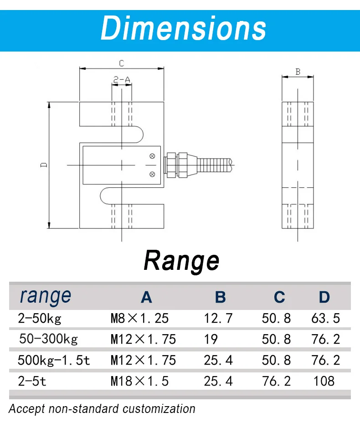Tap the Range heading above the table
coord(181,261)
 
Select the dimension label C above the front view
coord(122,63)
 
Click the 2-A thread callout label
coord(122,80)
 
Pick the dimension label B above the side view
coord(298,72)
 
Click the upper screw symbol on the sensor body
coord(152,156)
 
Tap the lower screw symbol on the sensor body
coord(152,173)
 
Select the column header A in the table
coord(146,297)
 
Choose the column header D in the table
coord(324,297)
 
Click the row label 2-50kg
coord(39,318)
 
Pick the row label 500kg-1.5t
coord(54,360)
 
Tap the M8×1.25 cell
coord(139,318)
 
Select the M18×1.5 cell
coord(139,381)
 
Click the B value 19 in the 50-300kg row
coord(211,339)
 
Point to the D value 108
coord(324,381)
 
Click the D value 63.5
coord(325,318)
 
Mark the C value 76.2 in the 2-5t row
coord(276,381)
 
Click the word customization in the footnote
coord(159,408)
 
